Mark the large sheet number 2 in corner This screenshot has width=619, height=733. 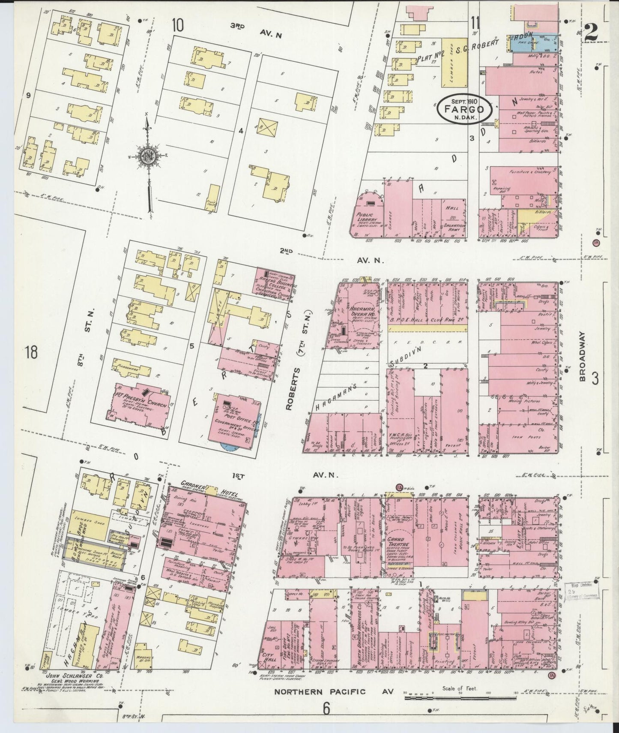click(591, 32)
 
